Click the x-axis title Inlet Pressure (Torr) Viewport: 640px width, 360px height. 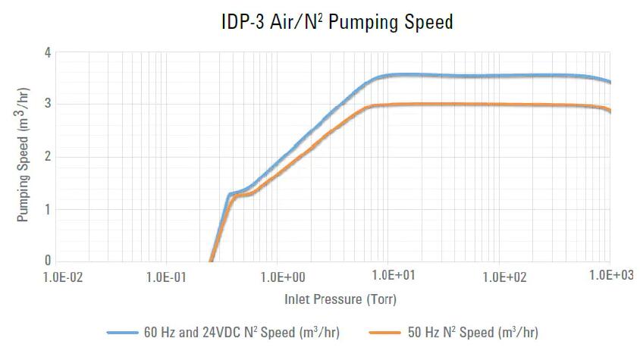[x=340, y=299]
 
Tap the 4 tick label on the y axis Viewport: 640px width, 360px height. [x=48, y=53]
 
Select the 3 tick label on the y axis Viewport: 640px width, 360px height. [x=48, y=105]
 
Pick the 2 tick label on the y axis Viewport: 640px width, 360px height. [x=48, y=157]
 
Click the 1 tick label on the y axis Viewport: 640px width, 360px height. [x=48, y=209]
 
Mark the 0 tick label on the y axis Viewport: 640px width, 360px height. [x=48, y=261]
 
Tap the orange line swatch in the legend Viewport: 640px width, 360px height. [x=384, y=332]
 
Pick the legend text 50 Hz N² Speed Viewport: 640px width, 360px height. [x=474, y=332]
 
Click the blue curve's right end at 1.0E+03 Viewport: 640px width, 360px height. [x=610, y=82]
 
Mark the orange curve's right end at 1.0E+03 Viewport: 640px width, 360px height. [x=610, y=111]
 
